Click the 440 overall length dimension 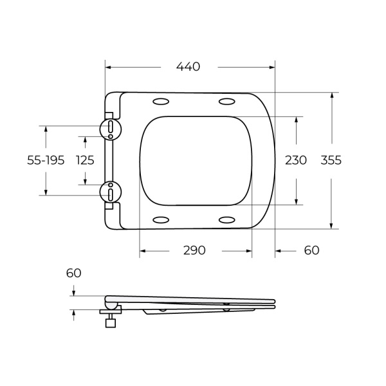coord(188,66)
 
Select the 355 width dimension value coord(331,160)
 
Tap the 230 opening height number coord(296,160)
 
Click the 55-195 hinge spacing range coord(46,160)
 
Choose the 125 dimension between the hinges coord(85,160)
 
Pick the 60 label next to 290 coord(311,250)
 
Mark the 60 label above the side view coord(74,273)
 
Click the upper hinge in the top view coord(111,127)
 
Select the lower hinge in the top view coord(111,192)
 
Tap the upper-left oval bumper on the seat coord(161,101)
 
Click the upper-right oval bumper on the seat coord(226,101)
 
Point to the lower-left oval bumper coord(161,220)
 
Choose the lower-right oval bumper coord(226,220)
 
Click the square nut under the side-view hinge coord(111,324)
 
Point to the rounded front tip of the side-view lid coord(274,300)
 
